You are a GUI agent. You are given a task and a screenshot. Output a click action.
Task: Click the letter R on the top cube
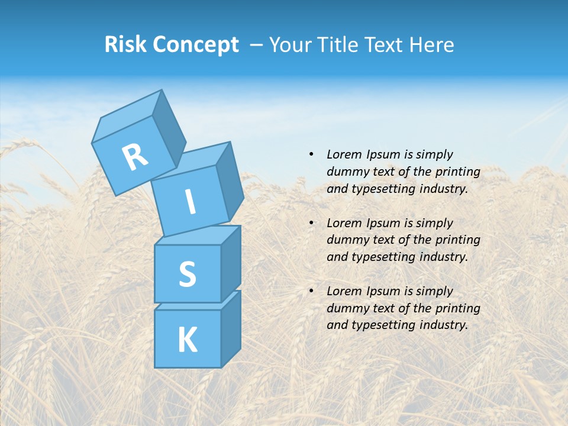[x=135, y=157]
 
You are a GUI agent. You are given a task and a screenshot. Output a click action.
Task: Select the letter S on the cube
[x=187, y=274]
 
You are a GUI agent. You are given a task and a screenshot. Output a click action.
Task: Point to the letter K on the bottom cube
[x=187, y=340]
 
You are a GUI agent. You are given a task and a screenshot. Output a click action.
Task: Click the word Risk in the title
[x=125, y=44]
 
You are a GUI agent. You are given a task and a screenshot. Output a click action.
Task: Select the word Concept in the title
[x=196, y=44]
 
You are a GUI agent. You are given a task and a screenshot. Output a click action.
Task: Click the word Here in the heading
[x=433, y=44]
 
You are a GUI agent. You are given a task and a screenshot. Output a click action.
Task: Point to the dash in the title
[x=257, y=45]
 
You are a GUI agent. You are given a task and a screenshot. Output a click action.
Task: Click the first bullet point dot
[x=311, y=154]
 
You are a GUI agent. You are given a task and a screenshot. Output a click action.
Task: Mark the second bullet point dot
[x=311, y=223]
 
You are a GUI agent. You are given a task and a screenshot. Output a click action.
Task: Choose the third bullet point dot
[x=311, y=291]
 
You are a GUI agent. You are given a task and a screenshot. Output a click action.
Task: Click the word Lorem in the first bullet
[x=344, y=154]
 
